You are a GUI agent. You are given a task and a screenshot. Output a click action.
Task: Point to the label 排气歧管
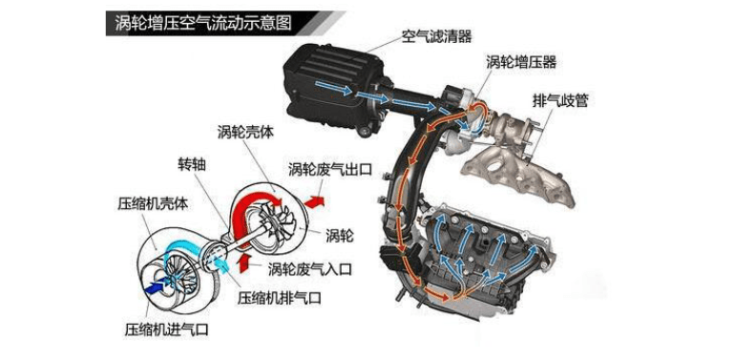click(x=560, y=99)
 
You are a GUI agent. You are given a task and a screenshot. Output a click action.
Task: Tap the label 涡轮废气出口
click(x=330, y=168)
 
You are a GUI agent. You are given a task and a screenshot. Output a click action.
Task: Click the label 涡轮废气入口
click(x=309, y=269)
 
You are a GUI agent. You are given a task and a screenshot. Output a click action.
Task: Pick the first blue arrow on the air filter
click(x=333, y=88)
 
